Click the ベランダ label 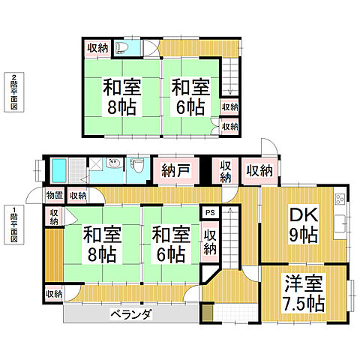click(130, 314)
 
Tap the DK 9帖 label click(304, 224)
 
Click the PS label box click(209, 213)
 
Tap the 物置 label click(54, 196)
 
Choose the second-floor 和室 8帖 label click(119, 97)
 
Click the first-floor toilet click(136, 166)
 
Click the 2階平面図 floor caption click(14, 92)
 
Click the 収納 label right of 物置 click(77, 196)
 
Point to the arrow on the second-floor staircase click(228, 90)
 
